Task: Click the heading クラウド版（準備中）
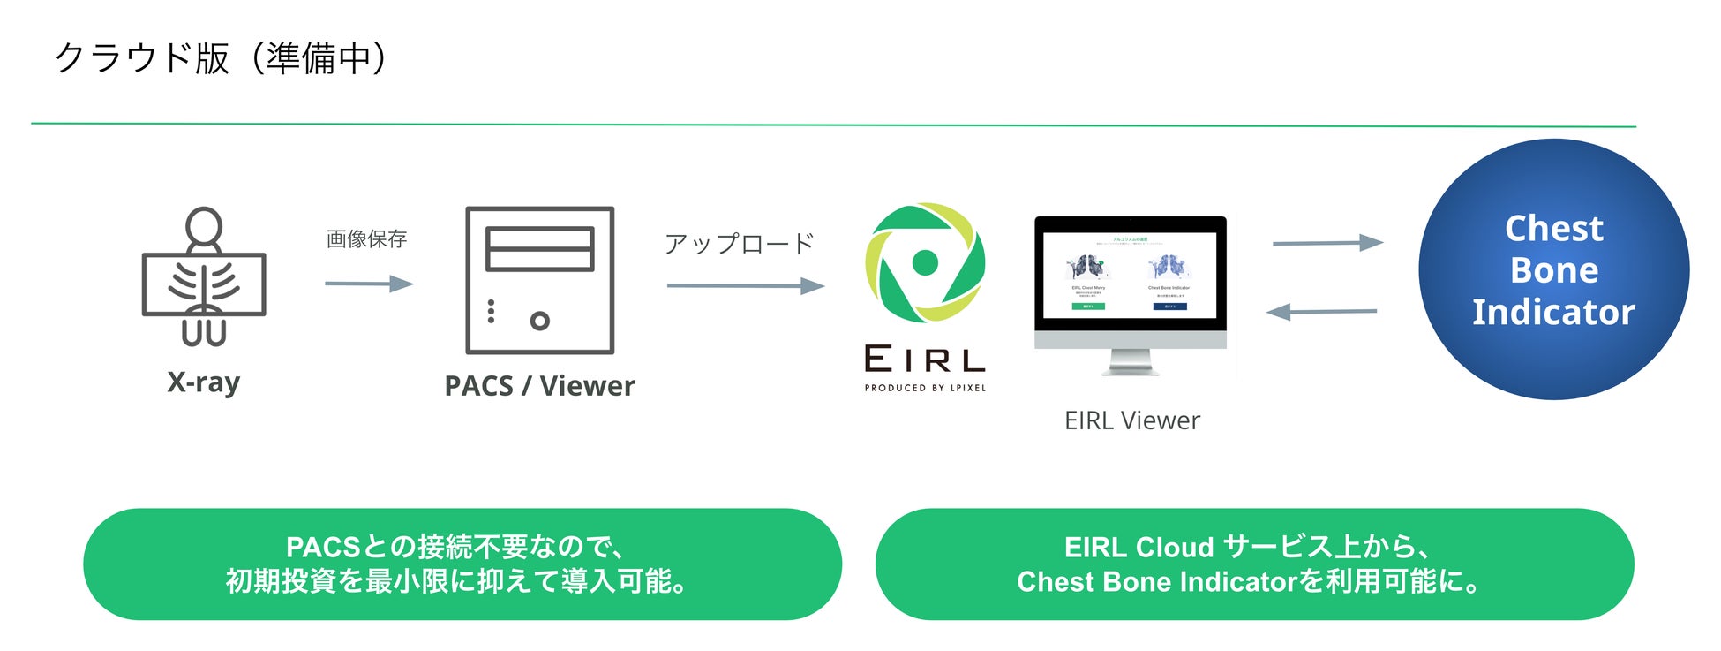[x=221, y=58]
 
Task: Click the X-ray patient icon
[x=204, y=277]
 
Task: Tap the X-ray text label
[x=204, y=382]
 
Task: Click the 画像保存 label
[x=366, y=238]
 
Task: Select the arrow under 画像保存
[x=369, y=284]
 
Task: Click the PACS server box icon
[x=539, y=280]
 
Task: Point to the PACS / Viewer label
[x=539, y=386]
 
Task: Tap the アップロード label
[x=739, y=244]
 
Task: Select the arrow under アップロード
[x=745, y=285]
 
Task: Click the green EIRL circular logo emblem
[x=925, y=262]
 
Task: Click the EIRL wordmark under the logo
[x=925, y=360]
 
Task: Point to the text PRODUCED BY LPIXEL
[x=925, y=388]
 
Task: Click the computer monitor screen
[x=1130, y=275]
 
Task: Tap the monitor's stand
[x=1131, y=362]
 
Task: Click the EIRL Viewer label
[x=1132, y=420]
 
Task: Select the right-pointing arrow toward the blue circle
[x=1327, y=242]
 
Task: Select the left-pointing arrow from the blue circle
[x=1321, y=311]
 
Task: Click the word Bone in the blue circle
[x=1553, y=270]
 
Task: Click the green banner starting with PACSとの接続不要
[x=462, y=564]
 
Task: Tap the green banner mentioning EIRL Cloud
[x=1254, y=564]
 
